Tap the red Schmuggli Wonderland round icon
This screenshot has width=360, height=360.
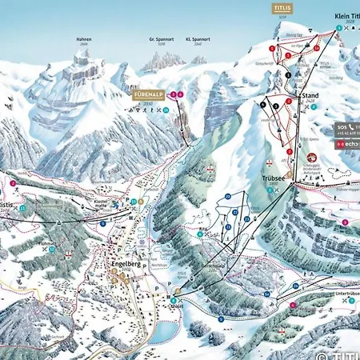(313, 157)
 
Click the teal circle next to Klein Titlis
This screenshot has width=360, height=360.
(338, 28)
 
